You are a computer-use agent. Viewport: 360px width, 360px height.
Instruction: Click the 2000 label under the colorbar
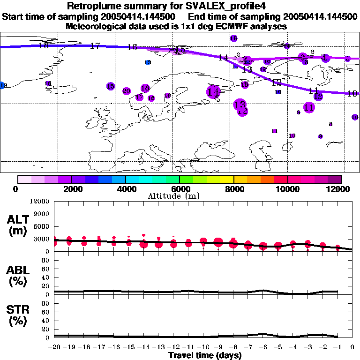(72, 189)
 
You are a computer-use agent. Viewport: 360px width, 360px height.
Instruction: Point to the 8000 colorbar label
(233, 189)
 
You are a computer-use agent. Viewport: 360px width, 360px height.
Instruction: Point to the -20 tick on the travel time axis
(54, 348)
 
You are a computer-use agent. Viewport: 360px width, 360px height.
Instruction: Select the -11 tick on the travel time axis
(188, 348)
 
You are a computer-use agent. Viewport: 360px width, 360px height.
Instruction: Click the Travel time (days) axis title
(205, 356)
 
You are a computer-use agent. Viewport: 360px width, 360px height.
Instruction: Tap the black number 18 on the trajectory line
(44, 45)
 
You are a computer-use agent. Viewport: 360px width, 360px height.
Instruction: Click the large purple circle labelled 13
(240, 105)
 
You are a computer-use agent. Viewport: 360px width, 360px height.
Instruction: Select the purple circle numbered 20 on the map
(126, 91)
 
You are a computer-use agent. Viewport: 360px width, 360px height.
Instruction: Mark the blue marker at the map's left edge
(3, 85)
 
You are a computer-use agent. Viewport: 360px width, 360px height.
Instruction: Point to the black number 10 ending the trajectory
(352, 94)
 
